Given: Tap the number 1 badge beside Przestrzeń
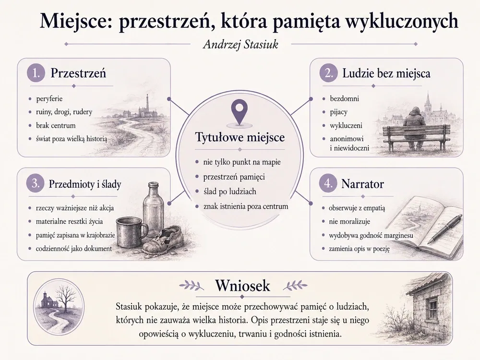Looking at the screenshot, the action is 36,73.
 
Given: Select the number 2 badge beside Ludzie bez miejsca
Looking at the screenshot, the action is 328,73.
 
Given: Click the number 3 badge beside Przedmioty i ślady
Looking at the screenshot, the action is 36,184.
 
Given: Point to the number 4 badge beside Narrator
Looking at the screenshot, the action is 328,184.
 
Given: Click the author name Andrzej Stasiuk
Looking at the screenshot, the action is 240,45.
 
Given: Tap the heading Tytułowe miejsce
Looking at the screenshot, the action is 240,137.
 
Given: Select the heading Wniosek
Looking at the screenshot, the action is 242,286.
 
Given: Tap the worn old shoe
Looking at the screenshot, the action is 164,240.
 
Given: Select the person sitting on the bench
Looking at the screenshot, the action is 415,129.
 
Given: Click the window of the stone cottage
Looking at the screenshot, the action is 433,308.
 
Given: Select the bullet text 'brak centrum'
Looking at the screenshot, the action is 56,125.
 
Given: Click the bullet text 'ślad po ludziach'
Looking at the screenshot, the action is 229,192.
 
